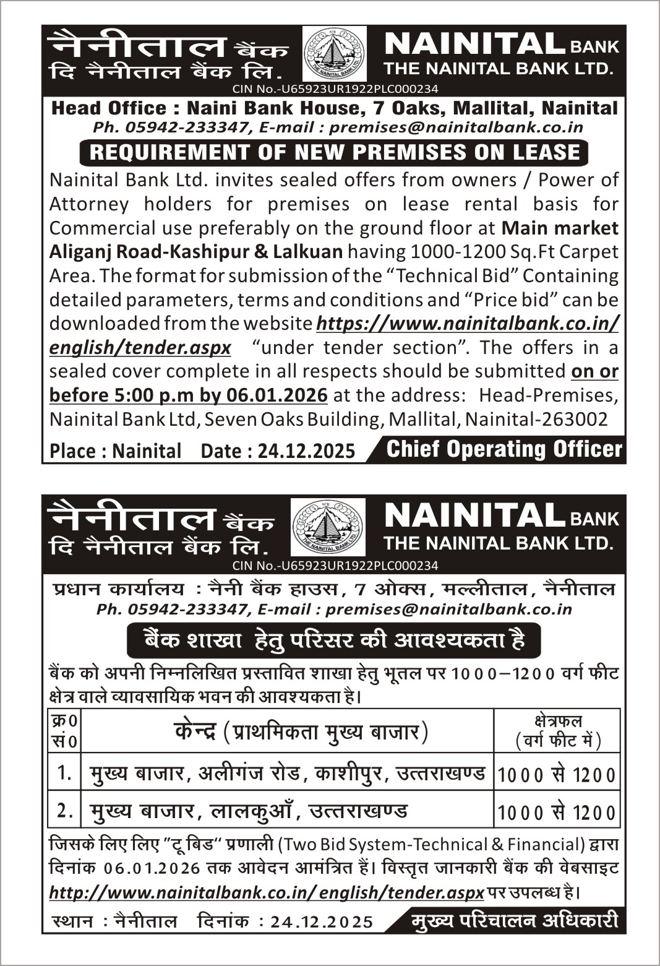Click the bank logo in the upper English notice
(335, 55)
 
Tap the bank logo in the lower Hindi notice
(328, 527)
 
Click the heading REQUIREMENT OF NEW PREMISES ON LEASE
(335, 152)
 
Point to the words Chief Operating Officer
(504, 450)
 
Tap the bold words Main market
(560, 228)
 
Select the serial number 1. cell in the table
(64, 772)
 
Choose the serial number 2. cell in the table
(64, 810)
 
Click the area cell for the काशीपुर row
(557, 774)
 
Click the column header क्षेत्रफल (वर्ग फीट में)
(557, 730)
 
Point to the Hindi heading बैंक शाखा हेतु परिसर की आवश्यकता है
(334, 640)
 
